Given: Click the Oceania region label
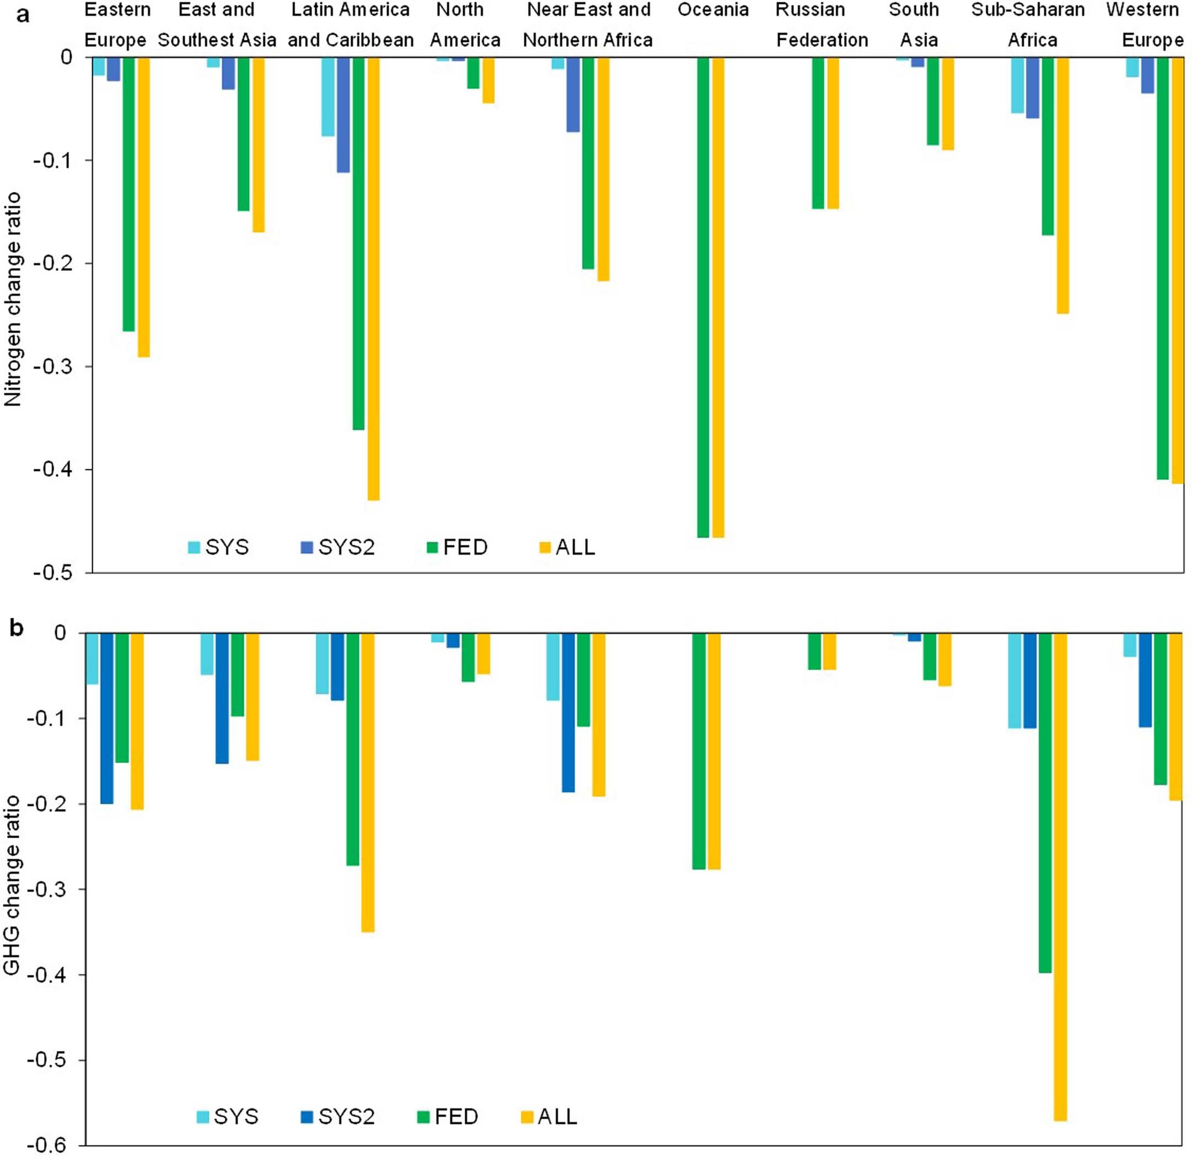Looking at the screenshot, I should tap(713, 10).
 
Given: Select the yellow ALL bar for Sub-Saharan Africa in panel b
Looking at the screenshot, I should tap(1060, 876).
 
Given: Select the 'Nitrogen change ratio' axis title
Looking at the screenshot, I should tap(13, 299).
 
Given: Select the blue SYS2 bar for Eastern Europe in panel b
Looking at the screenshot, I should tap(107, 717).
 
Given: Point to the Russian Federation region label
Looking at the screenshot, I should tap(821, 25).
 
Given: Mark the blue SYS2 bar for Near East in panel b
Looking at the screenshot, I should tap(568, 711).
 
